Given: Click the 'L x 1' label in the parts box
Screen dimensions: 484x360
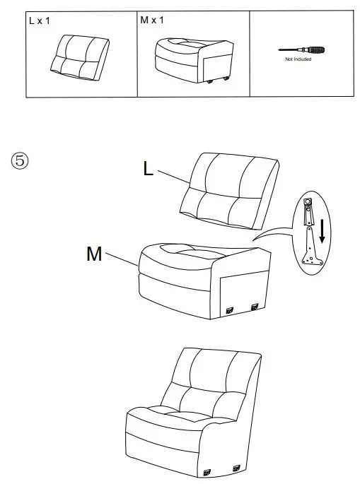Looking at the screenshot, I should click(x=40, y=21).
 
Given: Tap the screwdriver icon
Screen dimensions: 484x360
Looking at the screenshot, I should click(x=303, y=51).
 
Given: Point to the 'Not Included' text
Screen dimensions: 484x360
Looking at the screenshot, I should click(x=298, y=61).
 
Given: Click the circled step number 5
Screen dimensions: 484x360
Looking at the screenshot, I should click(x=20, y=160).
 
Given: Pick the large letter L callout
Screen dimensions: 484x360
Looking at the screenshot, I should click(x=148, y=168).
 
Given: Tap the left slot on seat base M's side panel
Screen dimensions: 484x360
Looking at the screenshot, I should click(x=231, y=308).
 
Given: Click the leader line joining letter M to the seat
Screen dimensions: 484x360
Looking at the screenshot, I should click(x=122, y=259).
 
